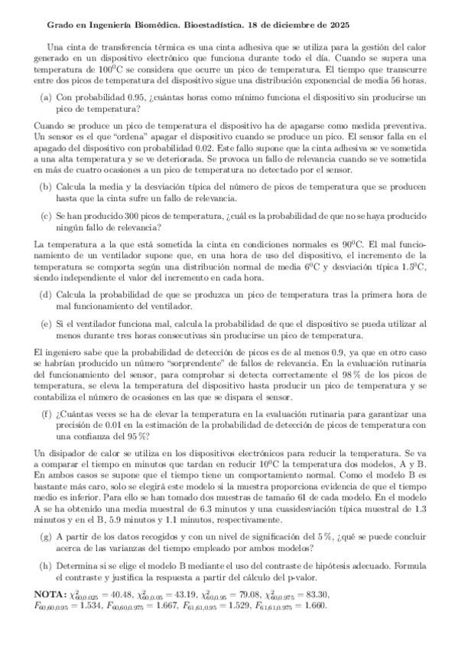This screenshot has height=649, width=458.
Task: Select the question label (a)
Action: tap(45, 97)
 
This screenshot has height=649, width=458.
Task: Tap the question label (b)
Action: tap(46, 186)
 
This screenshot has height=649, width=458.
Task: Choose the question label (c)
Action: tap(45, 216)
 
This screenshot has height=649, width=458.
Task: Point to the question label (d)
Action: tap(46, 294)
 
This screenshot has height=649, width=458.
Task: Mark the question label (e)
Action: tap(45, 324)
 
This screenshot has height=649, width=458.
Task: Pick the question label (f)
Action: tap(45, 413)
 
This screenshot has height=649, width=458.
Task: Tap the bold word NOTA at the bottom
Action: tap(51, 594)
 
